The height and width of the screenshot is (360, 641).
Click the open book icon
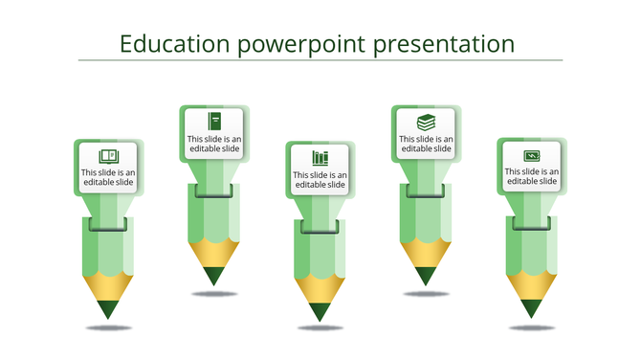coord(108,156)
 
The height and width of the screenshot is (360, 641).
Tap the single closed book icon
coord(214,121)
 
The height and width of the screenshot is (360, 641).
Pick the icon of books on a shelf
coord(320,157)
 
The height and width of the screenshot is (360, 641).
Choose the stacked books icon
coord(426,122)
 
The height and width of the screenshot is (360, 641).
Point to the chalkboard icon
coord(531,155)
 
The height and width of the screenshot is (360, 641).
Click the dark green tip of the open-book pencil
coord(108,309)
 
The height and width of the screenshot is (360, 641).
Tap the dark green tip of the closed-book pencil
coord(214,276)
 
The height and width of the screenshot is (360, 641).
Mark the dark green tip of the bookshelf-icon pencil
coord(320,311)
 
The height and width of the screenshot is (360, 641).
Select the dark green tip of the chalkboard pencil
coord(531,308)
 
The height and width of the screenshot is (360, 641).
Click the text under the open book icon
coord(108,178)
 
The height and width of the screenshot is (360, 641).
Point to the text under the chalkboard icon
coord(531,176)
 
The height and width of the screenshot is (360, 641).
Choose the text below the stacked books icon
coord(426,144)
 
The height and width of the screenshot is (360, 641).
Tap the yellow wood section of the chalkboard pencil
coord(531,284)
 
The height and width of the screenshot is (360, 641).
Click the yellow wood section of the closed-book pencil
coord(214,253)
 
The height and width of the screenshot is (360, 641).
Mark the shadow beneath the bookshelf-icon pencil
coord(320,328)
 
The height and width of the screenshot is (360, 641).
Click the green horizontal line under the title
coord(320,60)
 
